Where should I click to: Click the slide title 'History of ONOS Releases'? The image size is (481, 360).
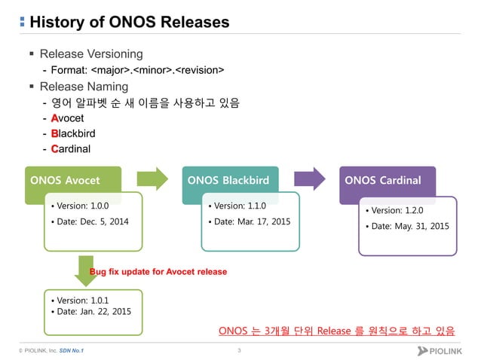point(128,22)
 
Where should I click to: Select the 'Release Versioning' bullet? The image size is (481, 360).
point(90,54)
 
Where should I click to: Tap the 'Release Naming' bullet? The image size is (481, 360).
point(85,87)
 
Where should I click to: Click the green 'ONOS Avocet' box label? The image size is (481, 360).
point(65,181)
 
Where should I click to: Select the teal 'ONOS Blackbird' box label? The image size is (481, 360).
point(228,181)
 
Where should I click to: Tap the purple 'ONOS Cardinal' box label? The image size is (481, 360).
point(382,181)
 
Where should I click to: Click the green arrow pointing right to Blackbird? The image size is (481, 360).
point(152,179)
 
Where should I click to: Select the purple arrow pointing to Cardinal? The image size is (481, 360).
point(309,179)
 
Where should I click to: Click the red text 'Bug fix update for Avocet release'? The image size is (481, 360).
point(158,271)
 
